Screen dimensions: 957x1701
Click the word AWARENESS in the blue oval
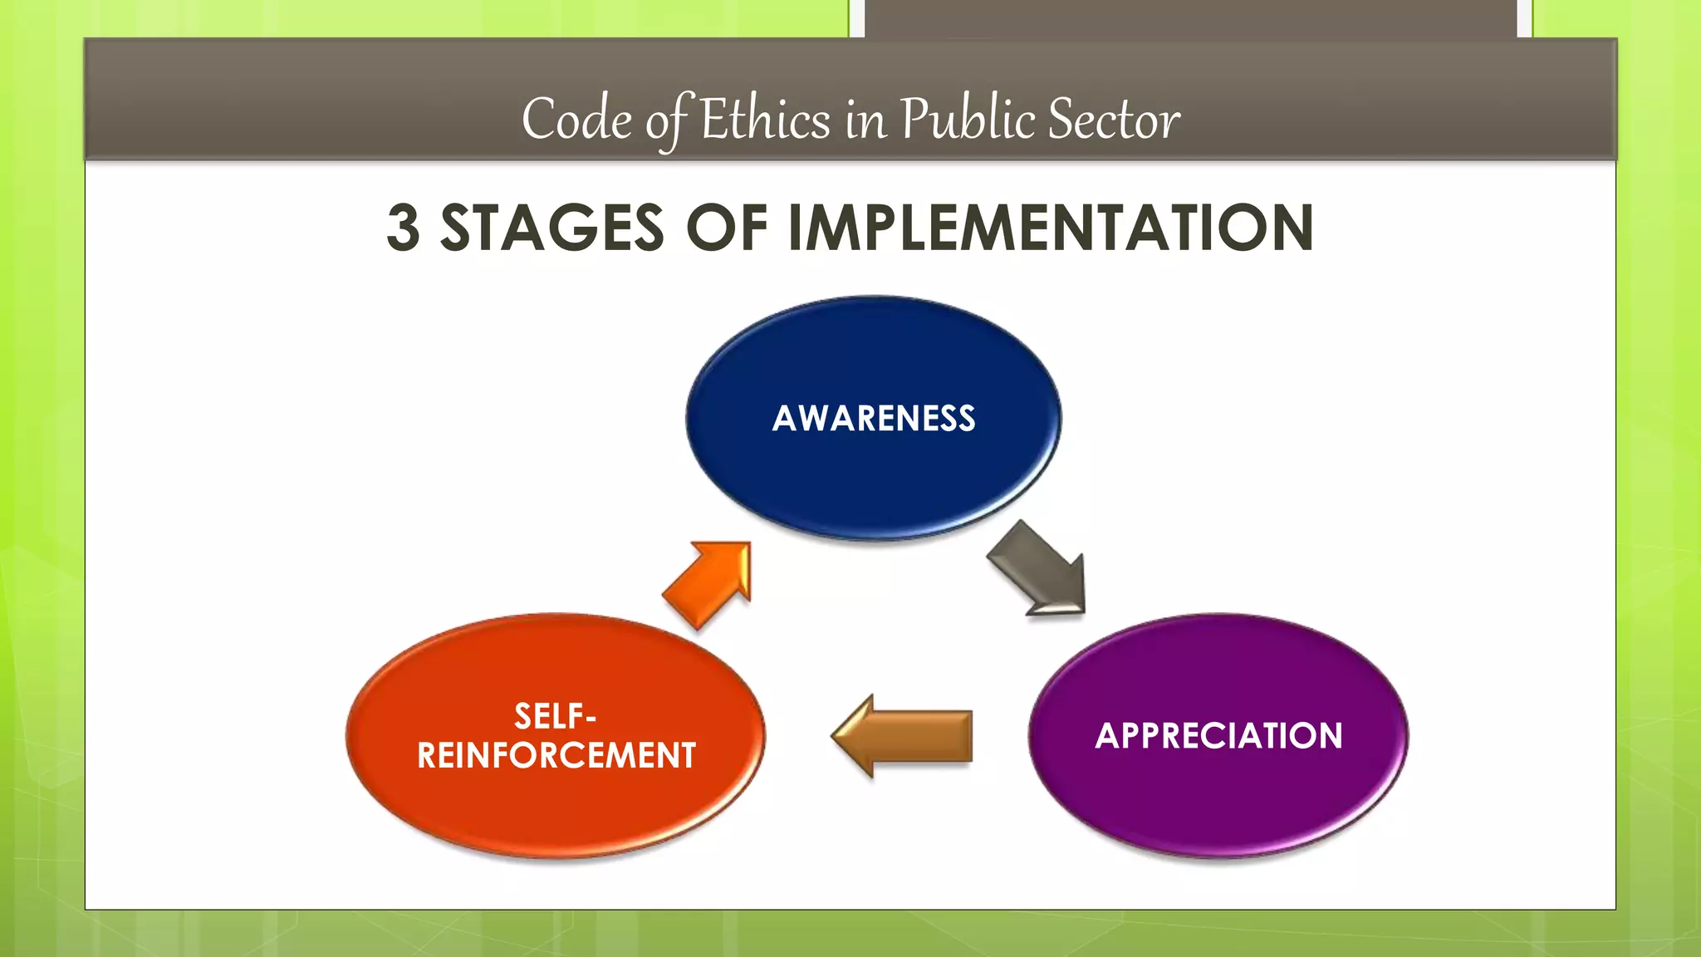tap(874, 418)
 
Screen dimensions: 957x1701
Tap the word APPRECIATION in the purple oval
tap(1218, 736)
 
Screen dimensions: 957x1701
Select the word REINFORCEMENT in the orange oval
tap(556, 755)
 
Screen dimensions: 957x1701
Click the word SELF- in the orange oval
tap(555, 716)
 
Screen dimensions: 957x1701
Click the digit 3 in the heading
tap(404, 228)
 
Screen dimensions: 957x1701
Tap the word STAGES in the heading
tap(551, 228)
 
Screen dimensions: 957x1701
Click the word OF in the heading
tap(726, 228)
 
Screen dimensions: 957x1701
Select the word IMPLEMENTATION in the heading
tap(1050, 228)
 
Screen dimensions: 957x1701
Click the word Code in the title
tap(576, 119)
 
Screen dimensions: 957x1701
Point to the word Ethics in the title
tap(765, 119)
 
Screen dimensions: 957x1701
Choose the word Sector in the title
tap(1113, 119)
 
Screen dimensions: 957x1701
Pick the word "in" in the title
tap(865, 121)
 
